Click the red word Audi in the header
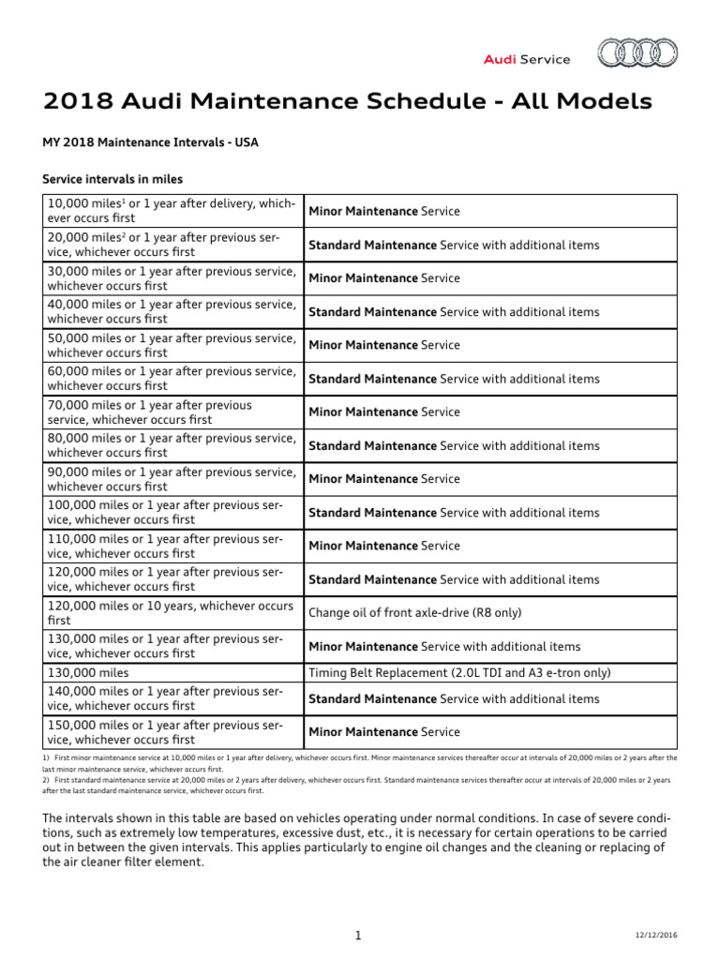(500, 59)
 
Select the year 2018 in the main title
(77, 101)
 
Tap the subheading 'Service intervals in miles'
(112, 179)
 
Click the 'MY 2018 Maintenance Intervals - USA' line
(151, 142)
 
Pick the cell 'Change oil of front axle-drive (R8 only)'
(415, 613)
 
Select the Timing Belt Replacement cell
(459, 673)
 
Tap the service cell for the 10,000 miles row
(384, 212)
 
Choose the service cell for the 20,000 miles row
(454, 246)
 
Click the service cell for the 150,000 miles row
(384, 732)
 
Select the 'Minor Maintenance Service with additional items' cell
(444, 647)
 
